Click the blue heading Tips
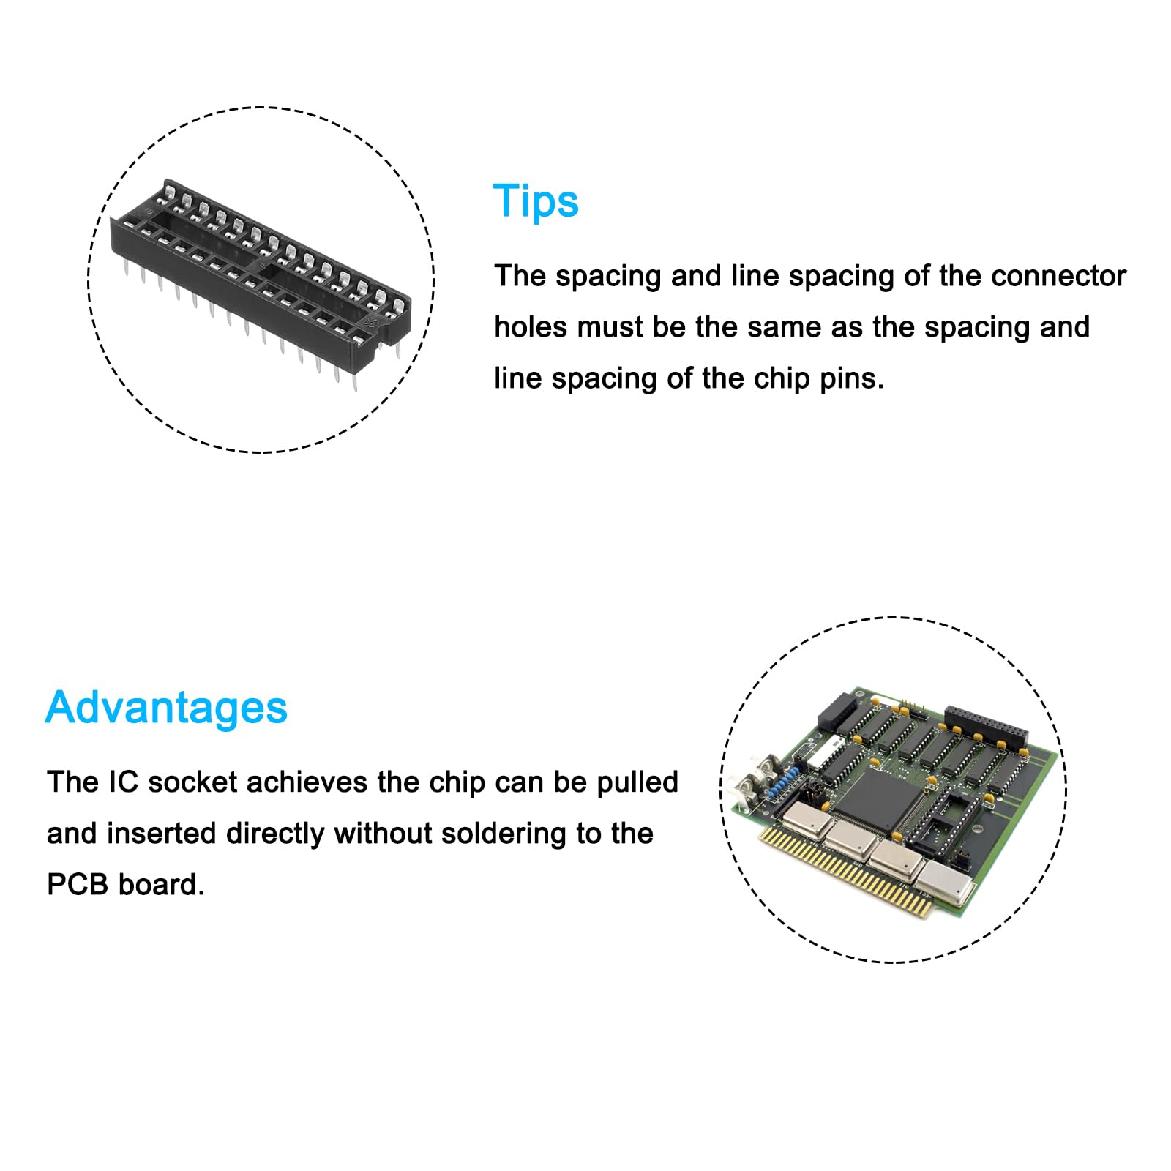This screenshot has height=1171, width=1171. [x=536, y=201]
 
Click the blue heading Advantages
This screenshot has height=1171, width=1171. [x=166, y=708]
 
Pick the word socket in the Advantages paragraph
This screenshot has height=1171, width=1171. [x=192, y=782]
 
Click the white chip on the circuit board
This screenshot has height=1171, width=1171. [x=831, y=750]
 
